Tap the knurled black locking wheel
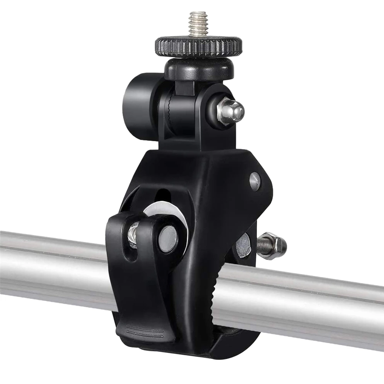[199, 47]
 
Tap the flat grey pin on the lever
[167, 239]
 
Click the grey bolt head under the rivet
[243, 245]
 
